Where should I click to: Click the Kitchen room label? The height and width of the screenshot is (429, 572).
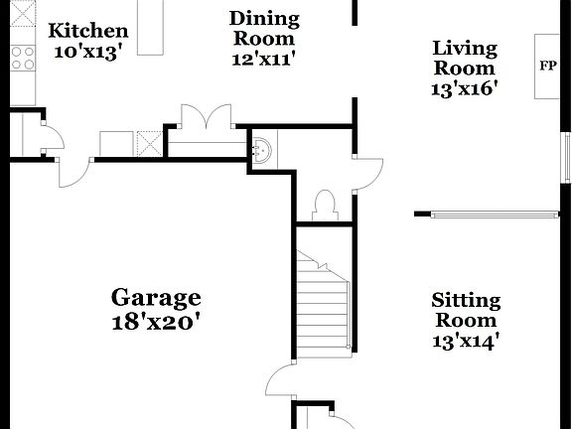coord(88,31)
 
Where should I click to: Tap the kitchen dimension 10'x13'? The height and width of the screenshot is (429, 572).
coord(88,52)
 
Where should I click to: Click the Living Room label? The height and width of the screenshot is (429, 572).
coord(465,58)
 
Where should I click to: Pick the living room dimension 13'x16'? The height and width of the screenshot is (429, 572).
coord(465,88)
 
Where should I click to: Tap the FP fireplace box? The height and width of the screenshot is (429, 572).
coord(547,67)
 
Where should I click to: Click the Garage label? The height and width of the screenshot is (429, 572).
coord(156,297)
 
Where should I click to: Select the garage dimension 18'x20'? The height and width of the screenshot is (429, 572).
coord(156,321)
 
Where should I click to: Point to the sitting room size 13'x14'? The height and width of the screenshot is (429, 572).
coord(465,342)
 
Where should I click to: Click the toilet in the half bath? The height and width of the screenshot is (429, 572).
coord(324,205)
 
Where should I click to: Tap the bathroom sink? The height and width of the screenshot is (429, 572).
coord(263,150)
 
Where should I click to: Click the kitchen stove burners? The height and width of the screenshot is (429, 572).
coord(21,59)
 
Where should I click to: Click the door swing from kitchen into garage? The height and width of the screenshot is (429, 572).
coord(72,171)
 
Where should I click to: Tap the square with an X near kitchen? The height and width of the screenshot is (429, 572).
coord(149,143)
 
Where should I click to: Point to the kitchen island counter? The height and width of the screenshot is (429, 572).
coord(151,27)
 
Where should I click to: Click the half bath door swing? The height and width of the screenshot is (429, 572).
coord(368,173)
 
